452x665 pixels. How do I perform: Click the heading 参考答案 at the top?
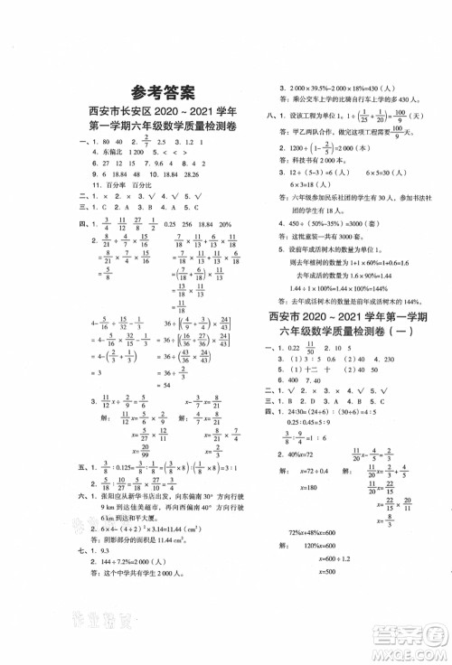click(x=163, y=90)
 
